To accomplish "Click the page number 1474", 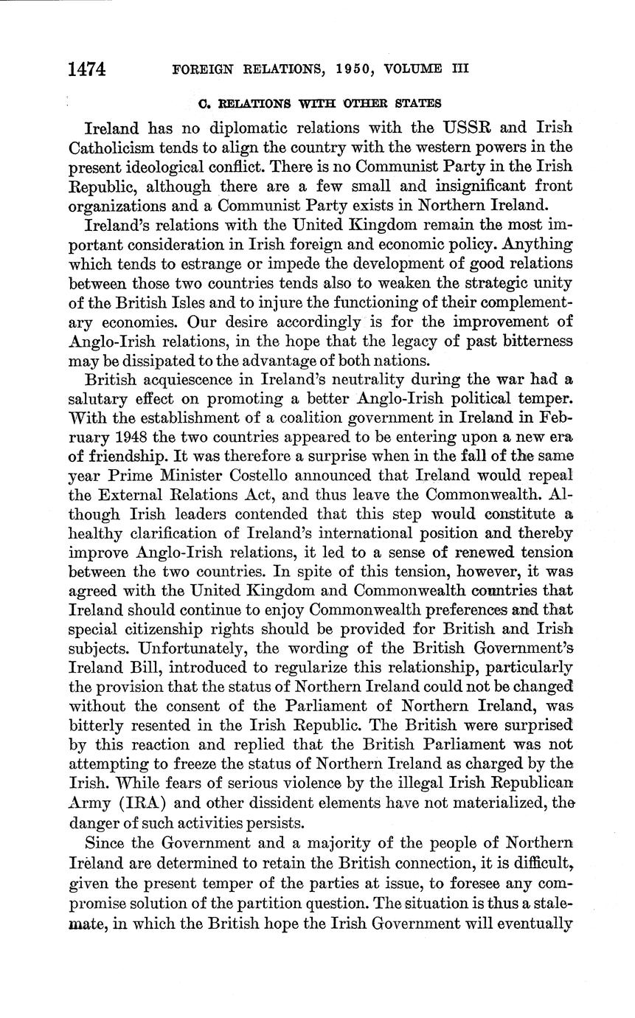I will (86, 69).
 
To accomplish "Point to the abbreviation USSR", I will (454, 128).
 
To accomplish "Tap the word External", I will (145, 495).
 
